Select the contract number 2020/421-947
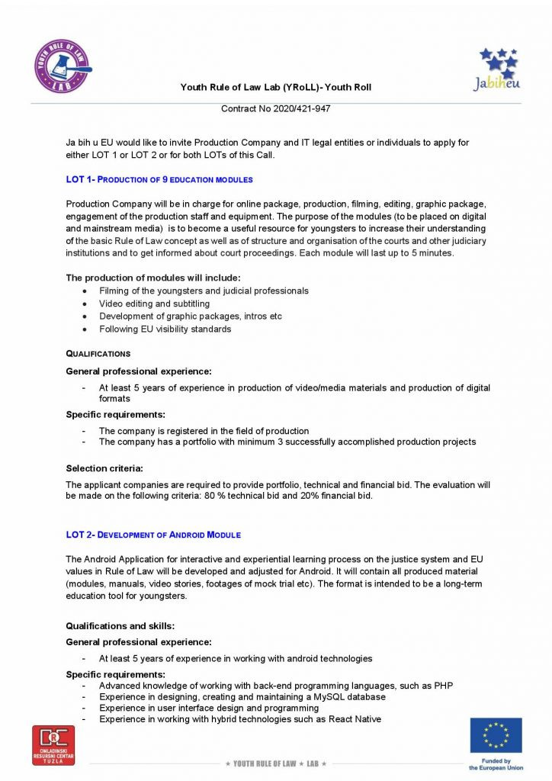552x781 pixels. coord(275,109)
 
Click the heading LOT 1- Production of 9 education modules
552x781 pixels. coord(159,180)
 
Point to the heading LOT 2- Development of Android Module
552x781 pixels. coord(153,535)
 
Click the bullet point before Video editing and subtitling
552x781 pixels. coord(84,304)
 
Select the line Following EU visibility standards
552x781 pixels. coord(165,329)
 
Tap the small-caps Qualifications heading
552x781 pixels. coord(98,354)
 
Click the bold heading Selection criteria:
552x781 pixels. coord(104,468)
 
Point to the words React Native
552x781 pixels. coord(355,718)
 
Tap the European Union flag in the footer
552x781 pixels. coord(496,734)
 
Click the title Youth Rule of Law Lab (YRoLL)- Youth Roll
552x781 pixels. coord(275,87)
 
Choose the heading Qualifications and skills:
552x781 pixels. coord(120,626)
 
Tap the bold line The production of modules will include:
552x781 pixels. coord(153,278)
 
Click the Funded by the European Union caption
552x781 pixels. coord(496,764)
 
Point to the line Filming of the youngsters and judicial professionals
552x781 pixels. coord(204,291)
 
